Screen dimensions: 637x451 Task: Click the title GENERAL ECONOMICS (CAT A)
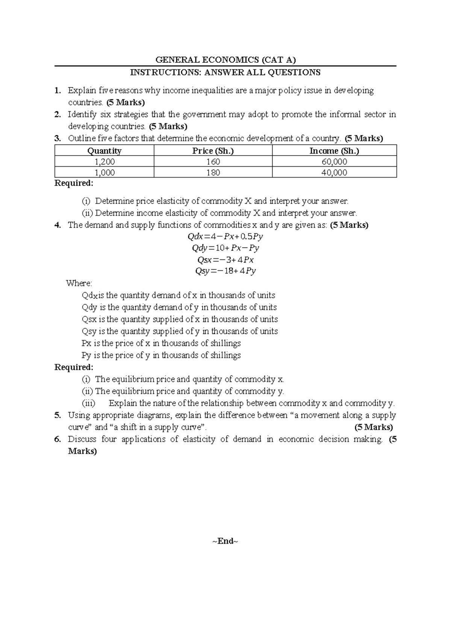[x=225, y=59]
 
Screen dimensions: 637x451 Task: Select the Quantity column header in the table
[x=104, y=151]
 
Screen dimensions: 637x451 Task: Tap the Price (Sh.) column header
[x=213, y=151]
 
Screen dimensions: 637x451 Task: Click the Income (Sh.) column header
[x=334, y=151]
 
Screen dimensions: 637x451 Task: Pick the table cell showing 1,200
[x=104, y=162]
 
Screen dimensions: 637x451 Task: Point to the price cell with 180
[x=213, y=173]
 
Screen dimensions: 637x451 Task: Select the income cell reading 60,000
[x=334, y=162]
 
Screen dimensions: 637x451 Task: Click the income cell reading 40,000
[x=334, y=173]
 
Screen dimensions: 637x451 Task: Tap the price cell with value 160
[x=213, y=162]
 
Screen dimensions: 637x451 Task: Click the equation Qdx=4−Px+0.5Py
[x=225, y=237]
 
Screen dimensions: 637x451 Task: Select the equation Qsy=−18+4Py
[x=225, y=271]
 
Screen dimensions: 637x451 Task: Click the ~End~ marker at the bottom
[x=225, y=541]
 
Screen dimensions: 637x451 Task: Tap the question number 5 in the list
[x=57, y=415]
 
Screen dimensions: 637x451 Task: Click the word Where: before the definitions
[x=79, y=283]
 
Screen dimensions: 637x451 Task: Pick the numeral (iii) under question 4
[x=89, y=403]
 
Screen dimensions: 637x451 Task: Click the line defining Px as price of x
[x=161, y=343]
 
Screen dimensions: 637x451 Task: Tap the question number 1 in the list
[x=57, y=91]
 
